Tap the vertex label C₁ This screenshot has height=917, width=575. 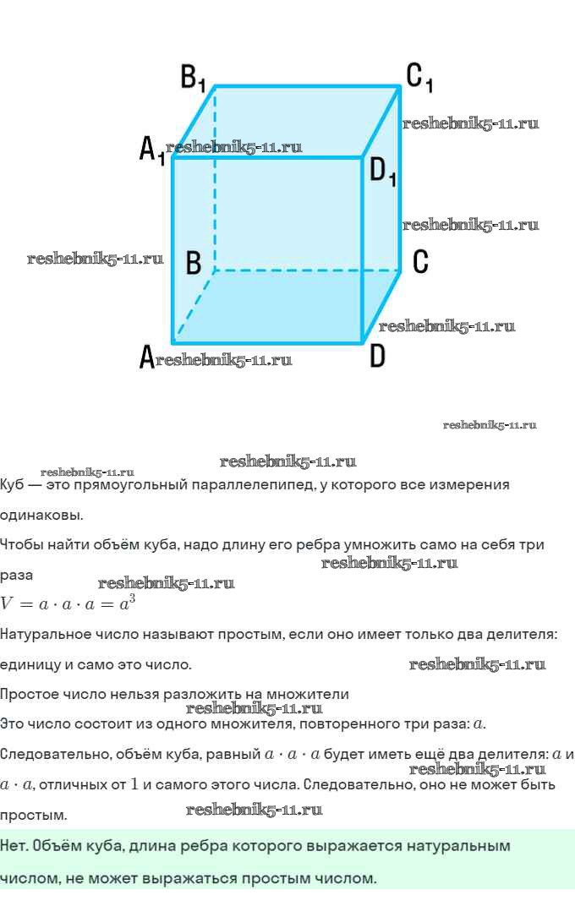pos(419,77)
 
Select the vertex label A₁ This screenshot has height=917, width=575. pos(151,151)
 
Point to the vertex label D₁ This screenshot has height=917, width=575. pos(383,172)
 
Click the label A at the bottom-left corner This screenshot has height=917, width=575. pos(146,358)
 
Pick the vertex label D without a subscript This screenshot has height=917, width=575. pos(377,357)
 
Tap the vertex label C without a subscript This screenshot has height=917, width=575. pos(420,262)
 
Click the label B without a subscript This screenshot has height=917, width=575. pos(194,263)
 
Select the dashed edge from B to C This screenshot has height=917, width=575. pos(304,270)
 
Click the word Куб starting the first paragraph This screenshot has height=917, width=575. pos(12,485)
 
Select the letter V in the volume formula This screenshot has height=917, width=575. pos(8,603)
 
